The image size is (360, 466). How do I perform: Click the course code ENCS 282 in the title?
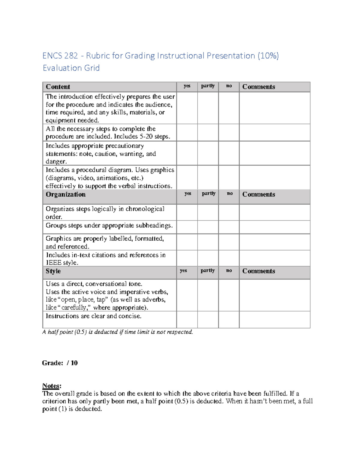[60, 56]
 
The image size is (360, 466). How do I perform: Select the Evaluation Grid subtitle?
[71, 68]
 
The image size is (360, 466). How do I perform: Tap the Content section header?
[58, 87]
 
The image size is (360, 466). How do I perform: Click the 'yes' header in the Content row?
[187, 86]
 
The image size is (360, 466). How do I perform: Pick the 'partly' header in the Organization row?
[208, 194]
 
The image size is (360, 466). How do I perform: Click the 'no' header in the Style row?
[229, 271]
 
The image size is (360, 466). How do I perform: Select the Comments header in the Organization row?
[259, 194]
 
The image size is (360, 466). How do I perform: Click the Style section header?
[53, 271]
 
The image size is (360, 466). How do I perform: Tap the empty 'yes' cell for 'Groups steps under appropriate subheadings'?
[187, 227]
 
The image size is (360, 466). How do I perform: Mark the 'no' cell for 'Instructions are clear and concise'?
[229, 319]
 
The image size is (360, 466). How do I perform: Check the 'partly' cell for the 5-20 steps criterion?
[208, 132]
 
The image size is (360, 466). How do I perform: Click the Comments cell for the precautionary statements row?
[274, 153]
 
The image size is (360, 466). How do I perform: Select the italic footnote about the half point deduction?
[118, 332]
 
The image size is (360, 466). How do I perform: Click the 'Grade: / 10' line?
[60, 363]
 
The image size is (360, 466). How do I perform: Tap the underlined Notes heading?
[52, 386]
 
